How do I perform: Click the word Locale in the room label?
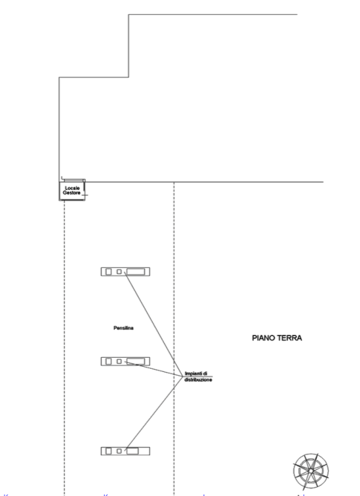[72, 188]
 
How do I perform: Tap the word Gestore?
[72, 192]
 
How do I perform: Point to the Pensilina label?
[123, 328]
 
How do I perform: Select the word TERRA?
[291, 338]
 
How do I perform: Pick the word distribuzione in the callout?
[198, 380]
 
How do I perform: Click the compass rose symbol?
[311, 471]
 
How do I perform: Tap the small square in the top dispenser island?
[119, 271]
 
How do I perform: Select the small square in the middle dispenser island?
[119, 361]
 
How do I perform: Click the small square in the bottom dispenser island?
[119, 451]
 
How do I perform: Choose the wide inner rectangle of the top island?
[136, 272]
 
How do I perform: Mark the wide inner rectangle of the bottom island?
[132, 451]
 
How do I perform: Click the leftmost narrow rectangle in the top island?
[109, 272]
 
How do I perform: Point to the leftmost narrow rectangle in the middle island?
[109, 361]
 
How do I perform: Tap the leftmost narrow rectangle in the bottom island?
[109, 451]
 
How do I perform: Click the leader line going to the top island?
[154, 324]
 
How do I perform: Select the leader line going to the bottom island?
[154, 413]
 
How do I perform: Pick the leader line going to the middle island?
[154, 369]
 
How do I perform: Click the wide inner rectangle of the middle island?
[136, 361]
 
